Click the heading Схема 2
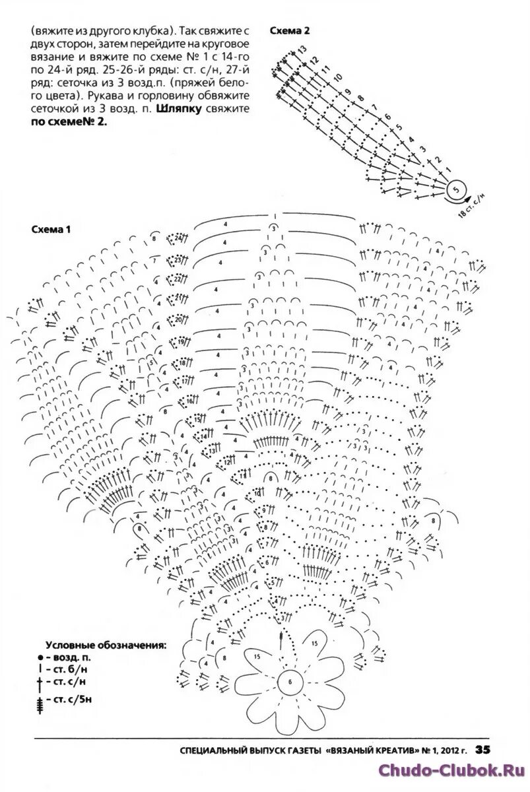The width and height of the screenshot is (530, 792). pos(290,31)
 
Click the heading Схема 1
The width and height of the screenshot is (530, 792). pos(51,230)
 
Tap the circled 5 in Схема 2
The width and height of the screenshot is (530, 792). pos(456,190)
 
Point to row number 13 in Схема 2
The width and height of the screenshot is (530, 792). pos(303,49)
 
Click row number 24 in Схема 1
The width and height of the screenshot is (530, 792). pos(179,240)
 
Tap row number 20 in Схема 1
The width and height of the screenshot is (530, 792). pos(179,321)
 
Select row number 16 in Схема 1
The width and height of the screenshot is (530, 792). pos(189,401)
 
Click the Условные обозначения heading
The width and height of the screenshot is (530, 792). pos(106,644)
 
